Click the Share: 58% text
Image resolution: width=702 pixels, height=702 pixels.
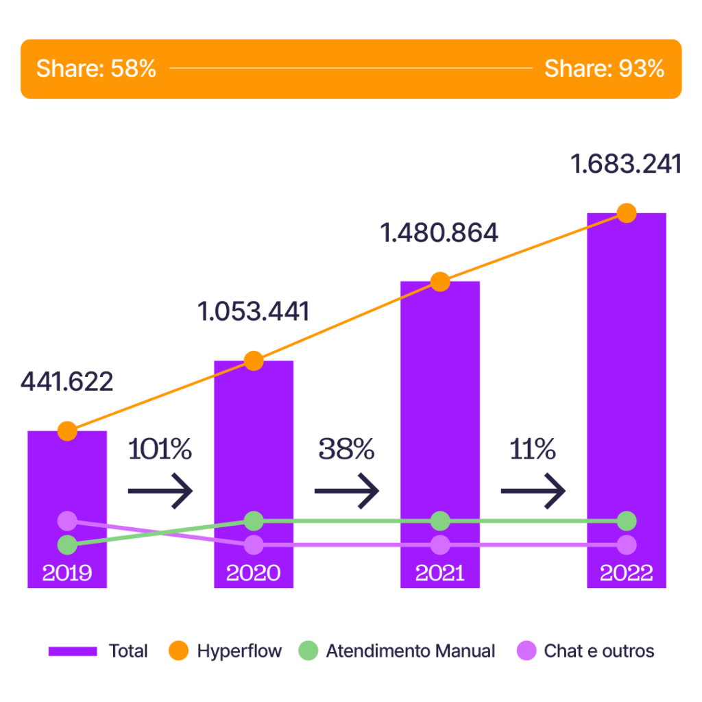(96, 69)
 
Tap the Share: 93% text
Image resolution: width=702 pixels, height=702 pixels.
(604, 69)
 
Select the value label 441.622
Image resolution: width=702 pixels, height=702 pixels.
(67, 382)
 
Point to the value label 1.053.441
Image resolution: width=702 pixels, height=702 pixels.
(254, 312)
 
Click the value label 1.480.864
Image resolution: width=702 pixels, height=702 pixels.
(439, 234)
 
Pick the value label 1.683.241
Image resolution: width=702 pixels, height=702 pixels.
(626, 165)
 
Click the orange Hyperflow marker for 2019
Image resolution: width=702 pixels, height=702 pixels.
(67, 431)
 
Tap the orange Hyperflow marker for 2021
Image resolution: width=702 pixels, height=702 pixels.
(440, 281)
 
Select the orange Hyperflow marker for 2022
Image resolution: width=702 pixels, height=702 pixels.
(627, 213)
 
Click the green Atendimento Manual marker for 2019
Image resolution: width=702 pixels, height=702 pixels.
(67, 545)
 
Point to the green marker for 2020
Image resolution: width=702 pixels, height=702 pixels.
(254, 521)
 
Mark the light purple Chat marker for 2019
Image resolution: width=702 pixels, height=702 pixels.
(67, 521)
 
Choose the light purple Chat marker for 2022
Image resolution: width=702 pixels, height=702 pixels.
(627, 545)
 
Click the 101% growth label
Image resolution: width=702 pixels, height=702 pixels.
(160, 450)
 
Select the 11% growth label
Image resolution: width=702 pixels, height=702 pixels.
(533, 450)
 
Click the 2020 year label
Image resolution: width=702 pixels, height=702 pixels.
(254, 573)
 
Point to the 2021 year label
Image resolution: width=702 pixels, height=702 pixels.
(440, 573)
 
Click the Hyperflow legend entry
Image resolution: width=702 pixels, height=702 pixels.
(226, 651)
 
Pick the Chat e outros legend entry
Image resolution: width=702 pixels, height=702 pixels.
(585, 651)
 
